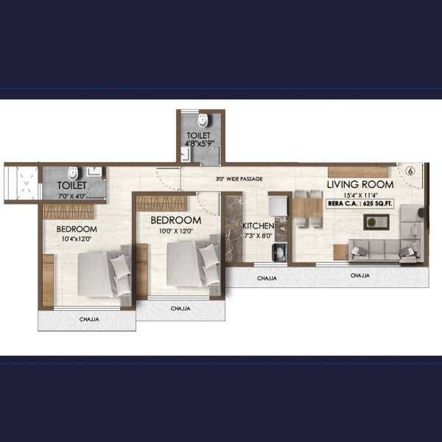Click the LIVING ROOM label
coord(360,184)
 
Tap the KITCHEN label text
coord(259,226)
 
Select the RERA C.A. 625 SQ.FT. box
coord(360,203)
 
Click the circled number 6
coord(410,171)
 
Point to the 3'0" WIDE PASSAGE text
coord(239,179)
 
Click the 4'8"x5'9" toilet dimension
coord(200,143)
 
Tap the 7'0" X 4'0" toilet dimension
coord(72,196)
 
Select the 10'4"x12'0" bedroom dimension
coord(77,239)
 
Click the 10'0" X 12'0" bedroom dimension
coord(176,231)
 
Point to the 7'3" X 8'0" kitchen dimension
coord(258,236)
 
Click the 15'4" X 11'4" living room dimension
coord(360,195)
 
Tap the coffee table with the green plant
coord(376,222)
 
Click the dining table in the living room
coord(307,208)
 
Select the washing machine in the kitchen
coord(280,253)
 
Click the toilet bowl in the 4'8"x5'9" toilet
coord(203,121)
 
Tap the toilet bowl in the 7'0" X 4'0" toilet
coord(73,174)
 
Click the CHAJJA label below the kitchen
coord(267,278)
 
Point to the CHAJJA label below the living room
coord(360,276)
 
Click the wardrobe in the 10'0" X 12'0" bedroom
coord(161,203)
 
